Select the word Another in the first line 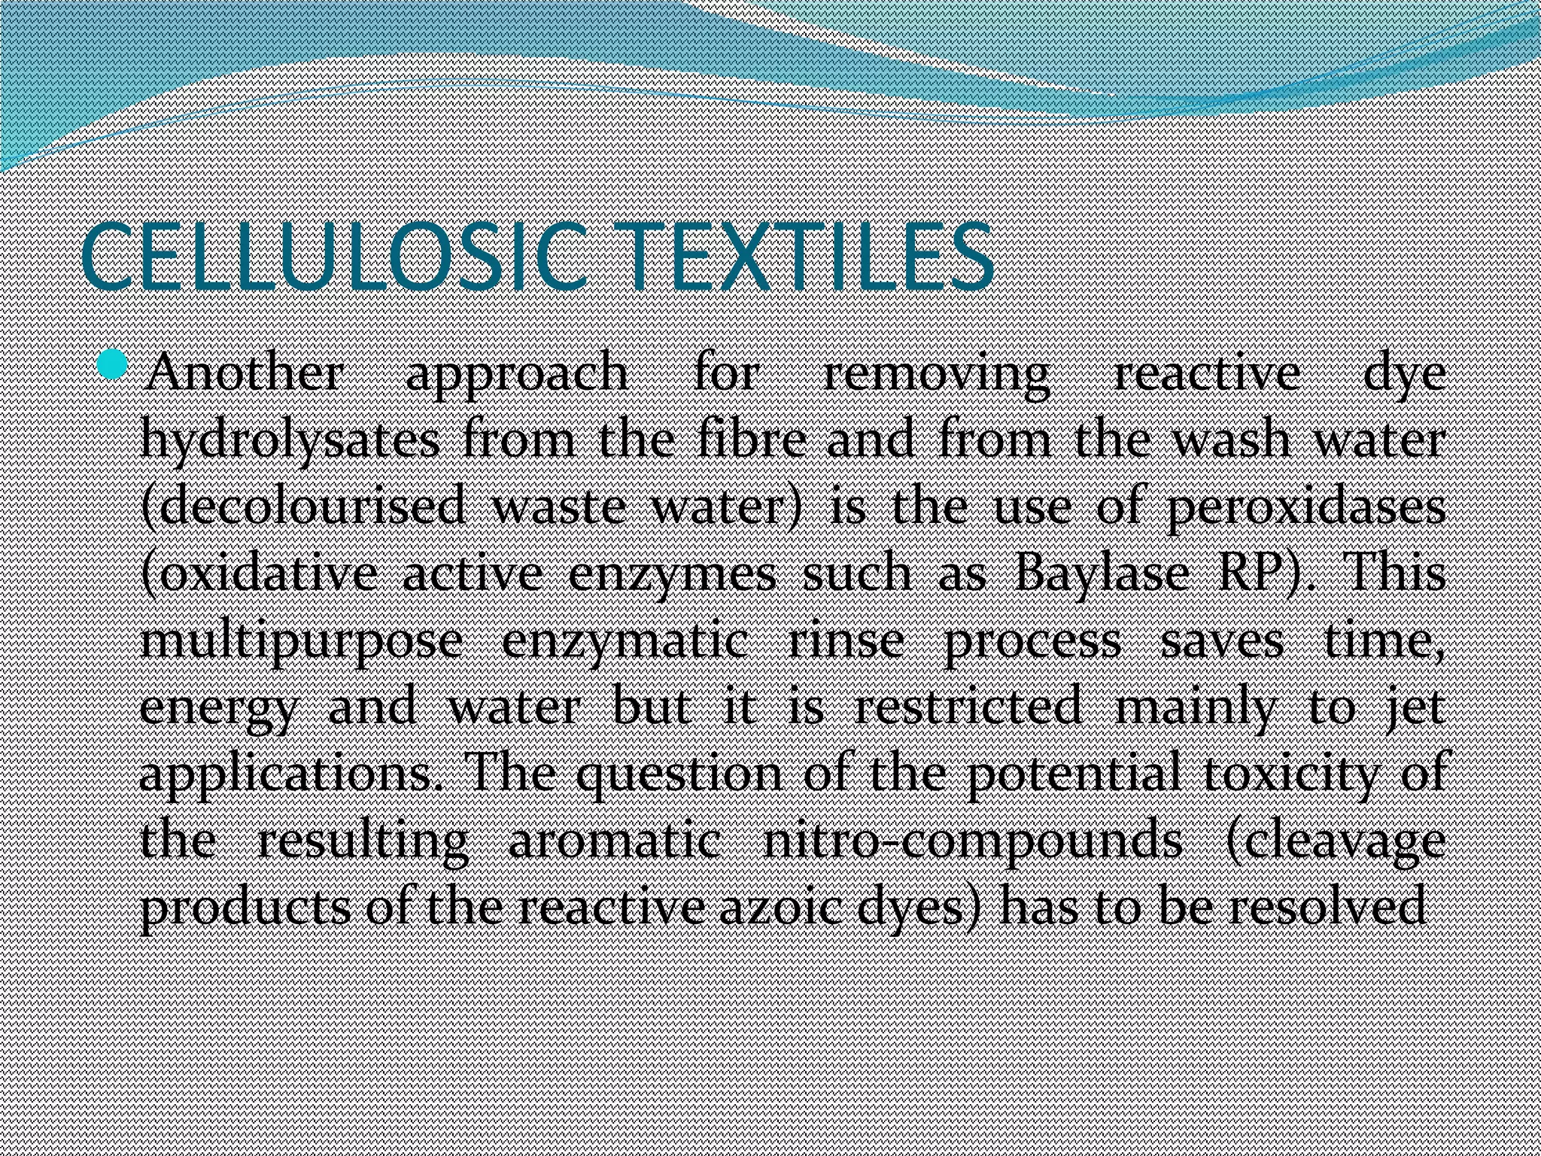point(244,373)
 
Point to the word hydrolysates point(290,441)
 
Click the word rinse point(845,643)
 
